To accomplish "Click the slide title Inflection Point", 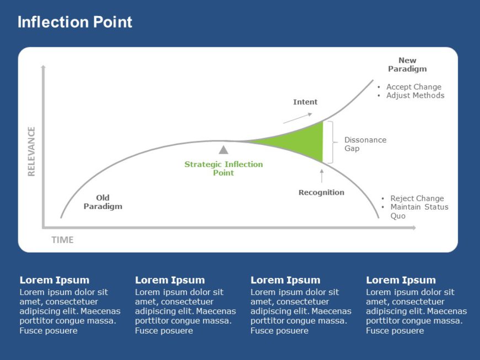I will (74, 22).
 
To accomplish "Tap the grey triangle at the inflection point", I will (223, 149).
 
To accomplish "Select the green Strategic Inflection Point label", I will (223, 168).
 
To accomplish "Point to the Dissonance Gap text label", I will (365, 144).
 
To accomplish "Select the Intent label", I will (305, 102).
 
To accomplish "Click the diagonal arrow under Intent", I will (297, 118).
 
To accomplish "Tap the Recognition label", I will (321, 192).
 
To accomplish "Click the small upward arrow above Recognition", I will (322, 175).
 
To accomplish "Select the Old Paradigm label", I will (103, 202).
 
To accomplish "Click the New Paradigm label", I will (407, 65).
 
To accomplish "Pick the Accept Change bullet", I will (413, 87).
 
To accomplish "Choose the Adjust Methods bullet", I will (415, 95).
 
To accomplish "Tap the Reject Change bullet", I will (417, 198).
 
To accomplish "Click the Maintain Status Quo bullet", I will (419, 207).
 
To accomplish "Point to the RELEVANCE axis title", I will (31, 151).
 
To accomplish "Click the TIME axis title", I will (62, 240).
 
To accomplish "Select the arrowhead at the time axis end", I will (413, 227).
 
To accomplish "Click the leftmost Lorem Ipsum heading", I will (54, 280).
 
